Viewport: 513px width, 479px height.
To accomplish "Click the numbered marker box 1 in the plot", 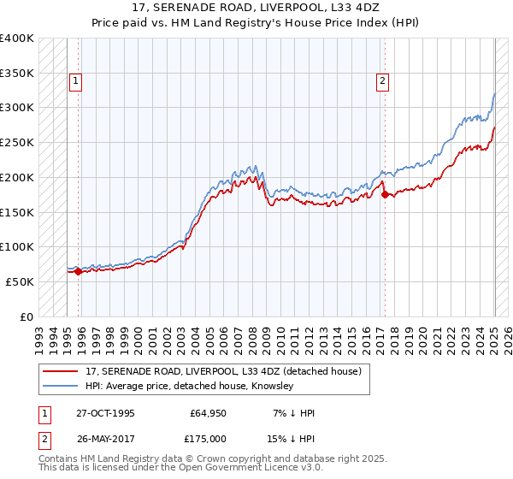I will pos(76,81).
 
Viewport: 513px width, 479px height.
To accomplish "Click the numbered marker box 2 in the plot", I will pos(381,81).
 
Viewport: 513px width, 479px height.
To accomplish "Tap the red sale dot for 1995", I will pos(78,272).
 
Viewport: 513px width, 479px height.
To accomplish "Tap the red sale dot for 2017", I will pos(385,194).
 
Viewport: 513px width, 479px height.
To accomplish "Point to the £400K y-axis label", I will pos(17,38).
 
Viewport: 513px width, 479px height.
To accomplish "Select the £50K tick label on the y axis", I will pos(20,281).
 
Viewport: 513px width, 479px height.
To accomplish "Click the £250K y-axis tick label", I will pos(17,143).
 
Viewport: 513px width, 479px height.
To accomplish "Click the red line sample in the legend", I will pos(61,371).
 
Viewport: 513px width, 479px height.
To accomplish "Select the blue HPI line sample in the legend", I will pos(61,387).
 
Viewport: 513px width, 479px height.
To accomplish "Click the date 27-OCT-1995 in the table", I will pos(104,413).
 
